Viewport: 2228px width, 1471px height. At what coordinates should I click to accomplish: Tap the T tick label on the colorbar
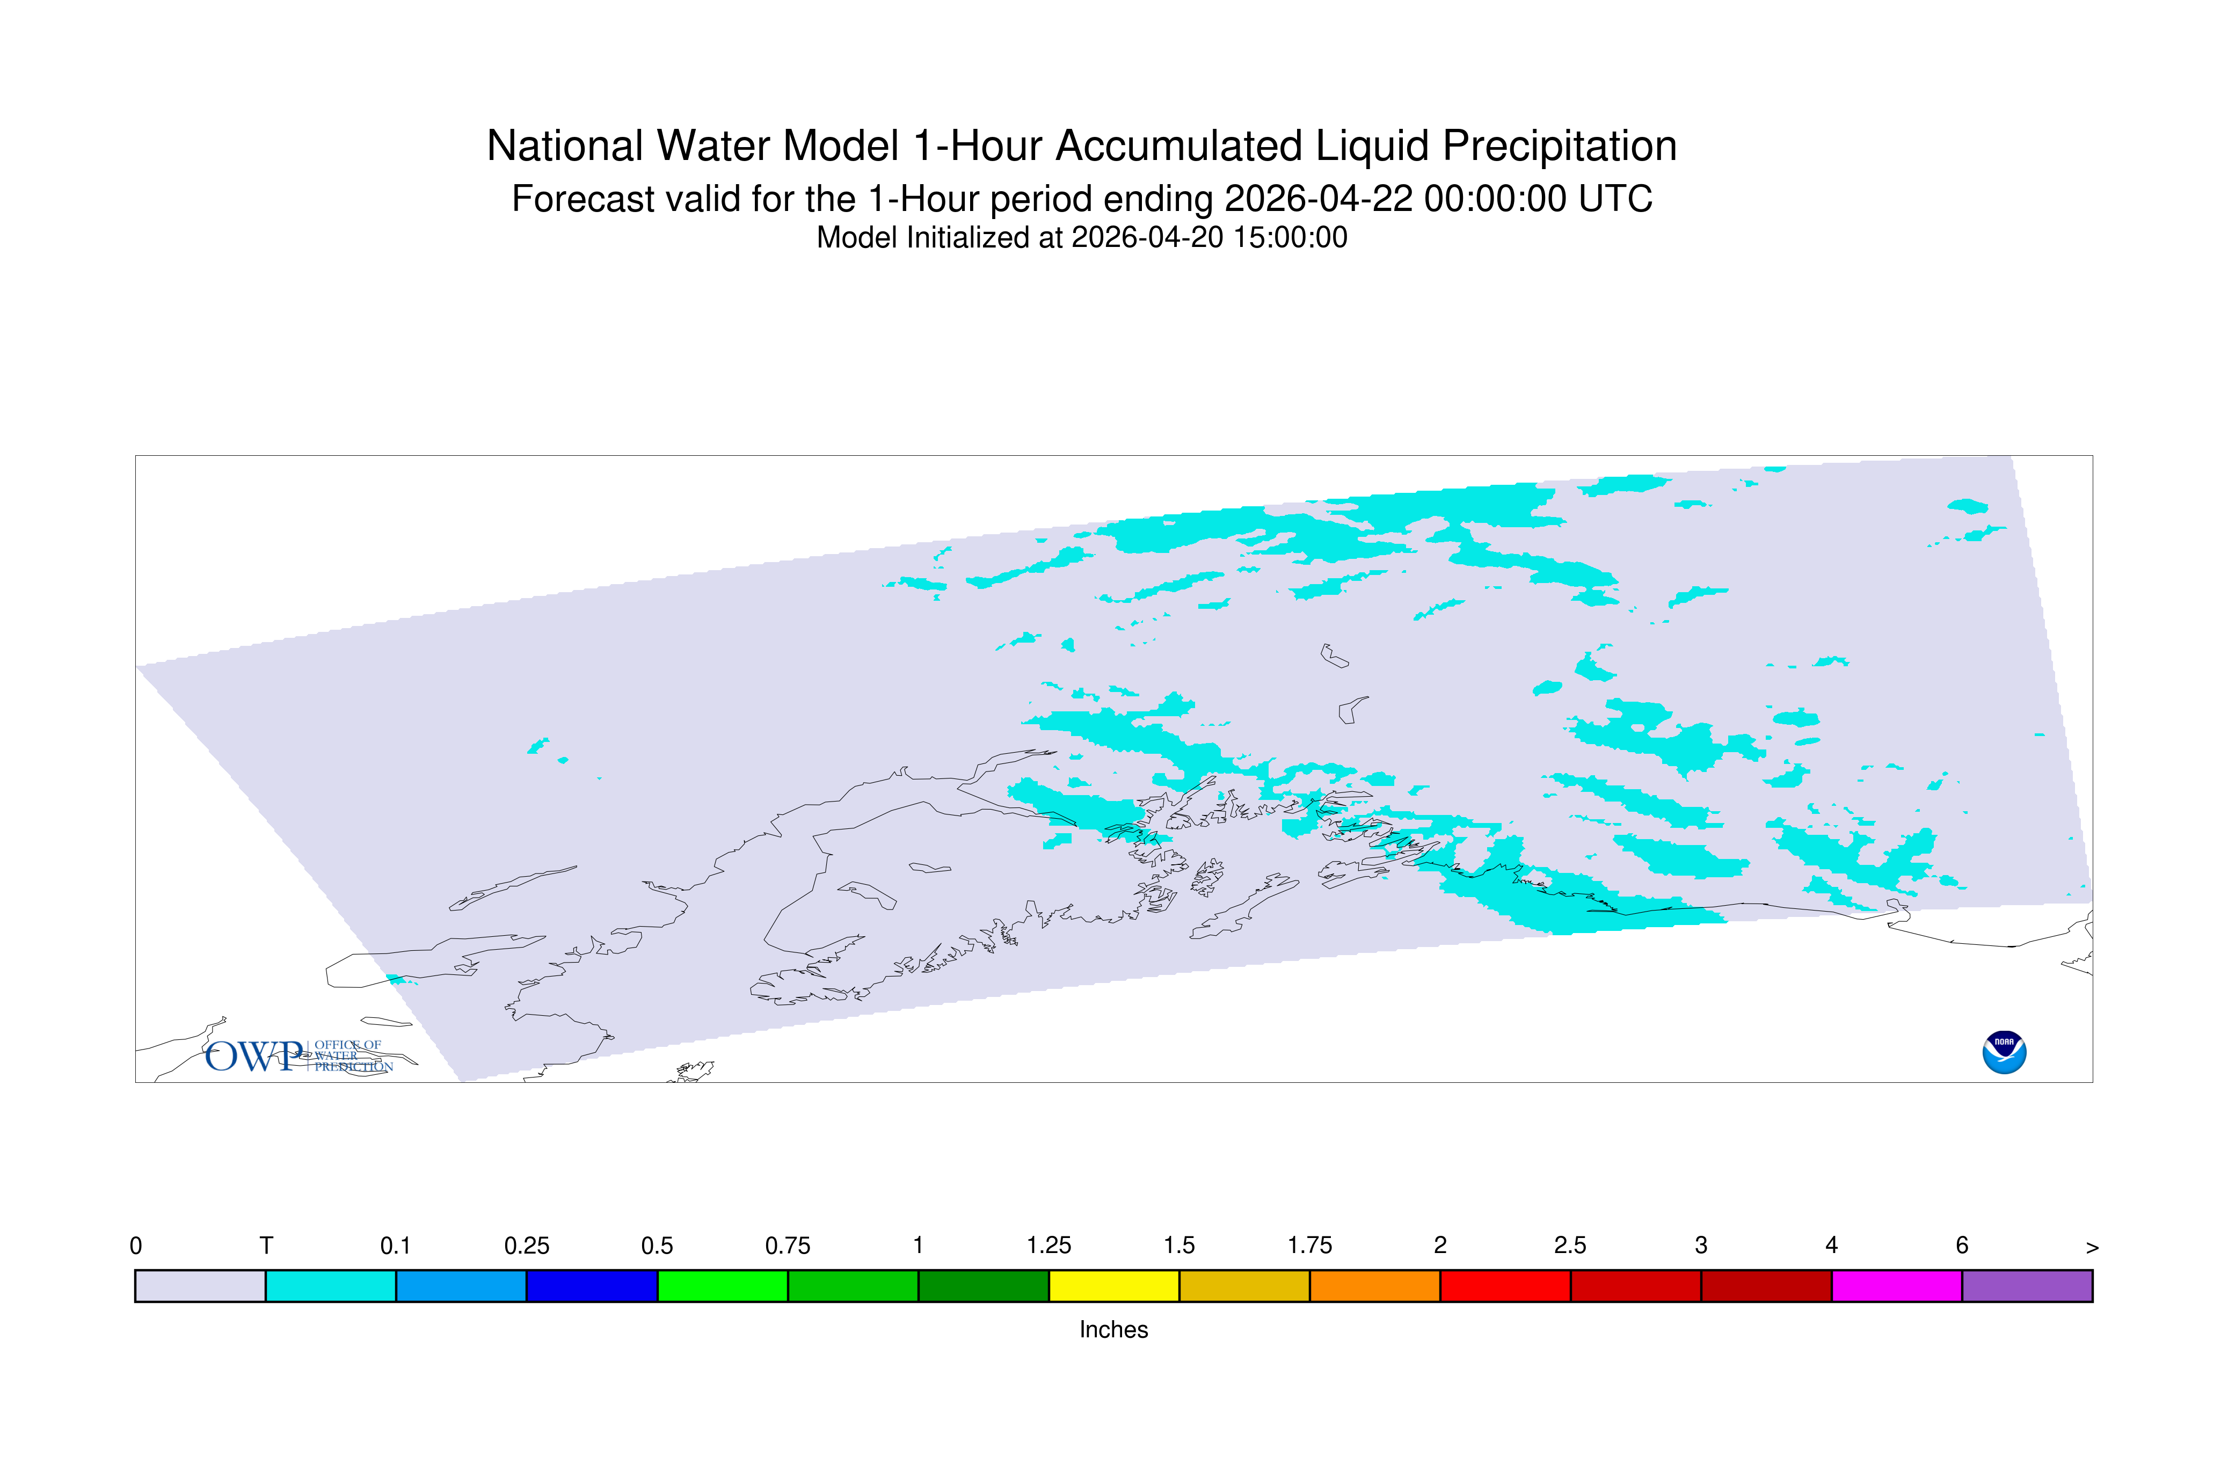click(266, 1246)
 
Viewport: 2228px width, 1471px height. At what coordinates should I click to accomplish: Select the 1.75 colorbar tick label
click(1309, 1246)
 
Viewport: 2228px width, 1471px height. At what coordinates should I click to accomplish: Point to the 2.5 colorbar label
click(1570, 1246)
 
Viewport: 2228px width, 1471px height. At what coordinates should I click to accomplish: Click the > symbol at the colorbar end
click(2092, 1248)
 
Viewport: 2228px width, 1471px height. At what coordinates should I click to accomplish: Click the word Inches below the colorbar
click(1113, 1329)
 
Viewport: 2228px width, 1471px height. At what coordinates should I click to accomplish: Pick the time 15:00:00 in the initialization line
click(1290, 237)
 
